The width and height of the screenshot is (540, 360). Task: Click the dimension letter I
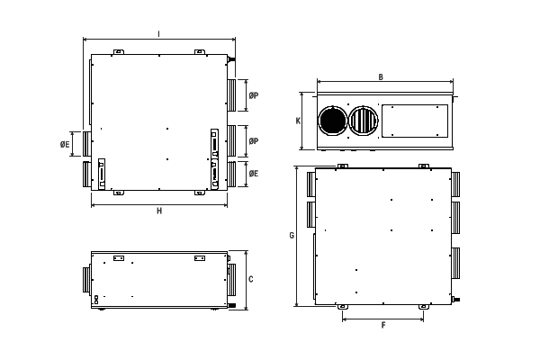(x=158, y=34)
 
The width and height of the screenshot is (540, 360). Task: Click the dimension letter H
(x=159, y=211)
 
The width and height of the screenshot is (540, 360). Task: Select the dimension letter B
(x=381, y=77)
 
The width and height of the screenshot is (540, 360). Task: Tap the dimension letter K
(x=298, y=121)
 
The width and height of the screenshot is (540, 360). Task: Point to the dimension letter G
(x=292, y=235)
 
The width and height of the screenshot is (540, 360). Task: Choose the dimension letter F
(x=383, y=325)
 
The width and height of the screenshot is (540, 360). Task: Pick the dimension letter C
(x=251, y=279)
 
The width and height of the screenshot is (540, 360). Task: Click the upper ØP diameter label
(x=254, y=95)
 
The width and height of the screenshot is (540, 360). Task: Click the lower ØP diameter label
(x=254, y=141)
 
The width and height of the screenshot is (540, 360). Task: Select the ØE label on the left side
(x=65, y=144)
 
